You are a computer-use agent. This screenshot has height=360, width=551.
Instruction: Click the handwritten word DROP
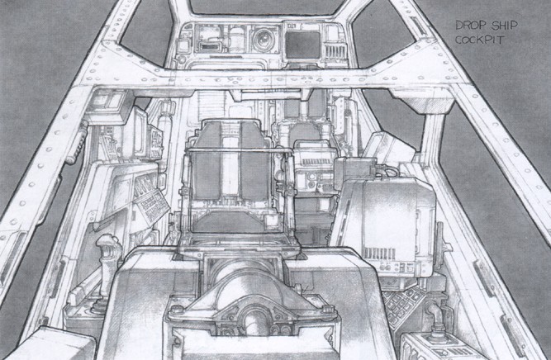click(x=471, y=25)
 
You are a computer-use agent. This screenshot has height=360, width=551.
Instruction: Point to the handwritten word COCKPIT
click(x=480, y=40)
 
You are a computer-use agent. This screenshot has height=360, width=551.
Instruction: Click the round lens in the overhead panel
click(x=261, y=40)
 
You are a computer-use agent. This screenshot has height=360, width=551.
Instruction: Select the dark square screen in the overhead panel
click(x=302, y=45)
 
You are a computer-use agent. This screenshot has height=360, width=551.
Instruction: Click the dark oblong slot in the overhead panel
click(x=210, y=47)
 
